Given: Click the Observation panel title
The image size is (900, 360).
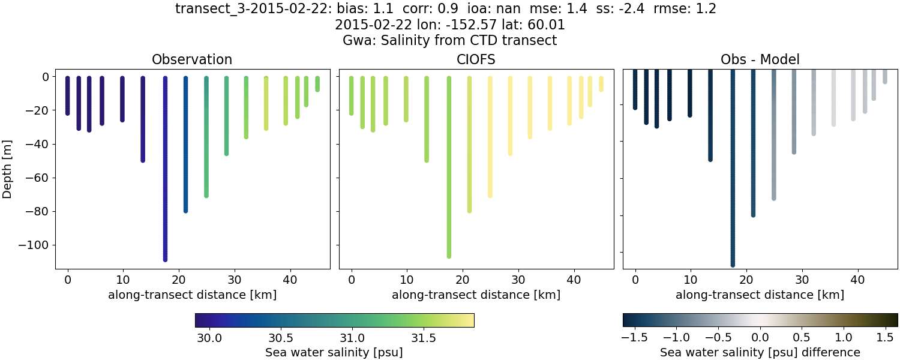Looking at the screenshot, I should (x=192, y=59).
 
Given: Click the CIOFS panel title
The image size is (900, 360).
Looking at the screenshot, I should (x=476, y=59).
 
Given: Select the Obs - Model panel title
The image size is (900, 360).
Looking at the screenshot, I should (x=760, y=59).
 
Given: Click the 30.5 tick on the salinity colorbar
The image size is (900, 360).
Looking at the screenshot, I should (x=280, y=338).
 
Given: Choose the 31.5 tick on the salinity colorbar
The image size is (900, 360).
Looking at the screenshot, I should (x=424, y=338).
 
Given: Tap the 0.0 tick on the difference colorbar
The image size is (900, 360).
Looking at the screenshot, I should (x=760, y=338).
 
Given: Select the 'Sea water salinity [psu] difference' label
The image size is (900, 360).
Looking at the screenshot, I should (x=760, y=352).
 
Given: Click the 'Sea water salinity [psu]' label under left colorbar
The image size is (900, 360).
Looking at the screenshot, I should (x=334, y=352).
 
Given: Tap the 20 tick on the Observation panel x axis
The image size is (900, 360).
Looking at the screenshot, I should (x=179, y=279).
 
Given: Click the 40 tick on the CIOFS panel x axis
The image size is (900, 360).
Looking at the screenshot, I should (x=574, y=279).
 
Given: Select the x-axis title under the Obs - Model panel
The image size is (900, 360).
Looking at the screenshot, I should (x=760, y=295).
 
